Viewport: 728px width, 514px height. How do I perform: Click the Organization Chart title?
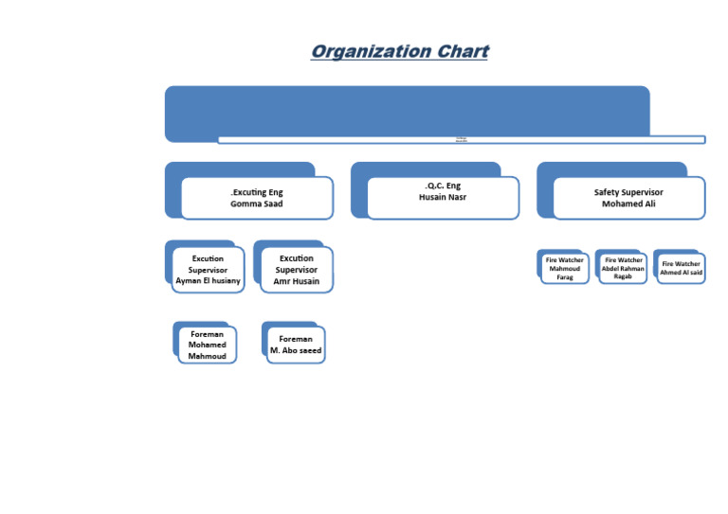399,51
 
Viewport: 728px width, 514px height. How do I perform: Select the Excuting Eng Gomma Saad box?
257,197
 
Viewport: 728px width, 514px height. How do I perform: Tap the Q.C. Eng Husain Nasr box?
443,197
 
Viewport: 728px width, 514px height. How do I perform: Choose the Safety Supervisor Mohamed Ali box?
628,197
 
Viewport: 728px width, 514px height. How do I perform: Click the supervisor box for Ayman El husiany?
208,270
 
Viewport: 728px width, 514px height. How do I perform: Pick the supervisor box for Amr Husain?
297,270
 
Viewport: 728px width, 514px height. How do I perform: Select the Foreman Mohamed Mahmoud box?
208,346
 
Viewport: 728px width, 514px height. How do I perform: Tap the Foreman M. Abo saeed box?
296,345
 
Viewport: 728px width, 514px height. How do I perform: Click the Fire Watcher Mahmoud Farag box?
564,268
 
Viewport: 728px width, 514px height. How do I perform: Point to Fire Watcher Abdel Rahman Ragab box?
623,268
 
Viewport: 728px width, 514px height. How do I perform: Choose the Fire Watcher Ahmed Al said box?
682,268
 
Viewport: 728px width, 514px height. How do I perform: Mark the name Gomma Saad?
257,204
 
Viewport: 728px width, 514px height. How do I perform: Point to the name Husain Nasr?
443,197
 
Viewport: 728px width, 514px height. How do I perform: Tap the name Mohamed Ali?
628,204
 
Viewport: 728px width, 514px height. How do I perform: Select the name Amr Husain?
297,281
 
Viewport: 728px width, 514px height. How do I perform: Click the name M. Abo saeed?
296,350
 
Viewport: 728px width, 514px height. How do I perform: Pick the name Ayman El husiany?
208,281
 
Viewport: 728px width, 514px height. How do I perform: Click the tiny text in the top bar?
462,139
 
